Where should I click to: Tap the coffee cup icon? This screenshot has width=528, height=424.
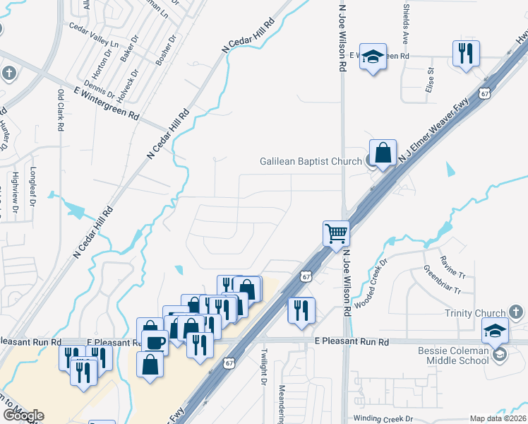(x=155, y=342)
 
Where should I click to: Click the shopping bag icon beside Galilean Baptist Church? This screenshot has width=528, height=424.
(x=382, y=153)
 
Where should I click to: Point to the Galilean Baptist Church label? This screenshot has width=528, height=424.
(x=309, y=161)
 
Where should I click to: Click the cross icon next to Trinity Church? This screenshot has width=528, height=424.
(x=516, y=312)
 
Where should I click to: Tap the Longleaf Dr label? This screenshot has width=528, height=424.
(x=32, y=186)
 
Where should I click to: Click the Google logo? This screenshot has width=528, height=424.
(x=23, y=416)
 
